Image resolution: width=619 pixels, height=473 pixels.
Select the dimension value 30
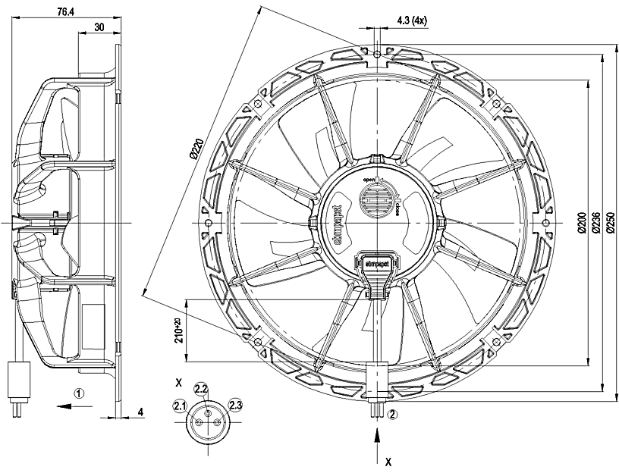[x=99, y=27]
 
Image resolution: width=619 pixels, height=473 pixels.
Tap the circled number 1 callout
[x=80, y=393]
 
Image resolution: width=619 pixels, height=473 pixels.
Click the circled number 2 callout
[x=392, y=414]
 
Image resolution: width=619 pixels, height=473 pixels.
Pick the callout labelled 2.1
[x=180, y=407]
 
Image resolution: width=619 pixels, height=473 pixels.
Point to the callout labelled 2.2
[x=201, y=389]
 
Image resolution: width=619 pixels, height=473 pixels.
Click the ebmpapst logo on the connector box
[x=373, y=262]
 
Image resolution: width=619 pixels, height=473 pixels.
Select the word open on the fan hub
[x=369, y=180]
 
